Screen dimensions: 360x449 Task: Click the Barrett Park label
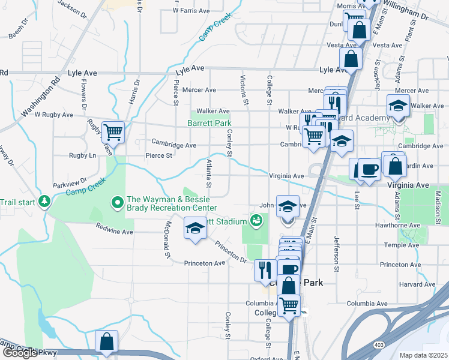pos(209,123)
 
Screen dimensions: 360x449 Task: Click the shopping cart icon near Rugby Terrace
pos(113,131)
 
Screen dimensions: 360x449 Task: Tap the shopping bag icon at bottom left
pos(106,341)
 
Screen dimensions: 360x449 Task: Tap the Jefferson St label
pos(337,253)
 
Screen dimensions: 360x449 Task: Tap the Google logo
pos(19,353)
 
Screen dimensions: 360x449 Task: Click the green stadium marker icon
pos(256,221)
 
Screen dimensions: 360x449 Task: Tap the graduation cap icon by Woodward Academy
pos(397,107)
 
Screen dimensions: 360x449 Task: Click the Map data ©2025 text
pos(423,355)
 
